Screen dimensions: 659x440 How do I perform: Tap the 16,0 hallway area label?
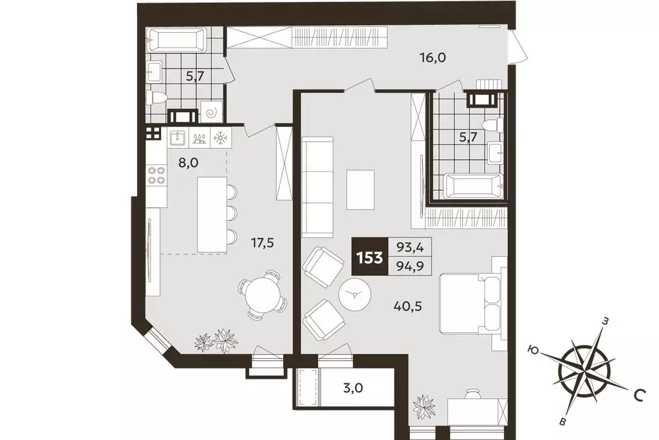[x=432, y=57]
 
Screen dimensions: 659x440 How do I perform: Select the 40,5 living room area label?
[x=407, y=306]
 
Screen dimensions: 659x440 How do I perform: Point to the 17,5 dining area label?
[x=263, y=242]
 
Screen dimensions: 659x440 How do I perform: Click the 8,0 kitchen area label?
[x=188, y=162]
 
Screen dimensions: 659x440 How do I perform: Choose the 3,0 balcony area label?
[x=353, y=387]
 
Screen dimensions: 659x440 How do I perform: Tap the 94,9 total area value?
[x=410, y=266]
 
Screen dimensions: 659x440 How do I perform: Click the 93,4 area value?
[x=410, y=247]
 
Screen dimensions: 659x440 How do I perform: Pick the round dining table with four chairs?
[x=263, y=294]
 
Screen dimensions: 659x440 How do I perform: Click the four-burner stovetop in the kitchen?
[x=156, y=175]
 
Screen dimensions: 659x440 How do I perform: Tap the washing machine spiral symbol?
[x=211, y=111]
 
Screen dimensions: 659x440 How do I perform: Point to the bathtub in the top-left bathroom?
[x=176, y=40]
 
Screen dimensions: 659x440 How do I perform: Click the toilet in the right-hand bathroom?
[x=492, y=124]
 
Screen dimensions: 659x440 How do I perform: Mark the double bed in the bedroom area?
[x=470, y=303]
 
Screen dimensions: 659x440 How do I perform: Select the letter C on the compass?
[x=640, y=395]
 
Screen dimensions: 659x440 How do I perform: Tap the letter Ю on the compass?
[x=534, y=350]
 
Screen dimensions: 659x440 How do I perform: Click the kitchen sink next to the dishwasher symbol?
[x=178, y=138]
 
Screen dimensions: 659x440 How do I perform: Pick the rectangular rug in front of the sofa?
[x=360, y=189]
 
